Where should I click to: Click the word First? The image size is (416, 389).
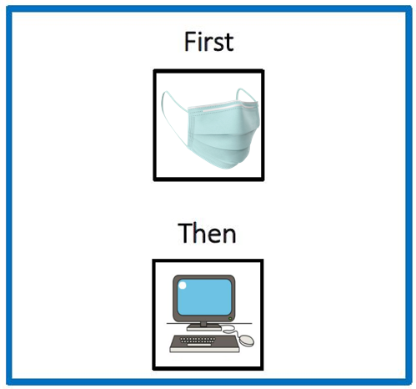pyautogui.click(x=208, y=42)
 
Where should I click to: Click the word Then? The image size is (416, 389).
pyautogui.click(x=207, y=233)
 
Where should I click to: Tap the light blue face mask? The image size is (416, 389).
pyautogui.click(x=211, y=129)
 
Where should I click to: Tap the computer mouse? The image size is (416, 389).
pyautogui.click(x=247, y=341)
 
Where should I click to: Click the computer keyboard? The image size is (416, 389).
pyautogui.click(x=204, y=343)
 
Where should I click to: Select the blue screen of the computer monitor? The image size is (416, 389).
pyautogui.click(x=204, y=297)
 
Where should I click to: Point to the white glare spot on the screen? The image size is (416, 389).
pyautogui.click(x=183, y=285)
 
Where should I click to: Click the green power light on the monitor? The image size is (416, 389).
pyautogui.click(x=230, y=318)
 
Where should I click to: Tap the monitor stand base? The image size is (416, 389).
pyautogui.click(x=204, y=328)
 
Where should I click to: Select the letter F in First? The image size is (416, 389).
pyautogui.click(x=190, y=42)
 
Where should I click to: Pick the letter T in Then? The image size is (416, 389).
pyautogui.click(x=186, y=233)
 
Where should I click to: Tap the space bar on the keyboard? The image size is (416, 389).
pyautogui.click(x=199, y=345)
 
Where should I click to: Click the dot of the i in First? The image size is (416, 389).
pyautogui.click(x=200, y=33)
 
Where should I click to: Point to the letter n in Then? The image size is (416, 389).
pyautogui.click(x=229, y=236)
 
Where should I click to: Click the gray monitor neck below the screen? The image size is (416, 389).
pyautogui.click(x=203, y=324)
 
